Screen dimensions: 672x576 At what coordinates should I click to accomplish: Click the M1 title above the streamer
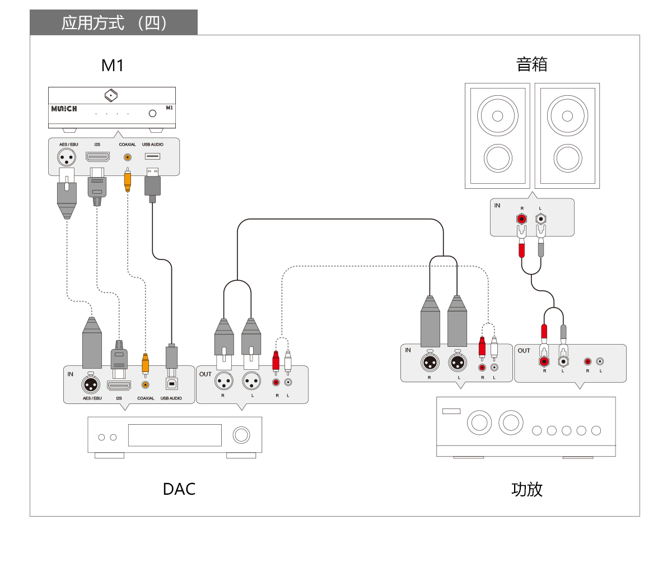click(x=112, y=66)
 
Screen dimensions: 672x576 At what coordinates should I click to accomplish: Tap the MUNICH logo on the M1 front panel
click(x=64, y=109)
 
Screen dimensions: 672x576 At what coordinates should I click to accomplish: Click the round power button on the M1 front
click(x=152, y=113)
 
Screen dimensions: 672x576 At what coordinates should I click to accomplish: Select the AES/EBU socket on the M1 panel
click(x=67, y=158)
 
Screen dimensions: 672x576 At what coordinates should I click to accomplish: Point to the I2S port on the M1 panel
click(x=97, y=156)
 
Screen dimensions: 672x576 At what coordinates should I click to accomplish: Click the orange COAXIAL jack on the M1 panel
click(x=128, y=157)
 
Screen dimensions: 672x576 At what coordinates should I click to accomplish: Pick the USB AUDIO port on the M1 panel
click(x=152, y=156)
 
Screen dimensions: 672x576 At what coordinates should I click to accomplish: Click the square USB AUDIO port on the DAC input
click(x=172, y=384)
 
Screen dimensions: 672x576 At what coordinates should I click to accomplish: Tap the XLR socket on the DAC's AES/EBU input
click(x=91, y=384)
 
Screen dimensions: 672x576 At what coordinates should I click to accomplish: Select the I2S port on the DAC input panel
click(x=119, y=385)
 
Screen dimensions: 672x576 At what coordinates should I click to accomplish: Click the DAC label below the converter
click(x=179, y=489)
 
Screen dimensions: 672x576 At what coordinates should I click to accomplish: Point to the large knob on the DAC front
click(x=241, y=435)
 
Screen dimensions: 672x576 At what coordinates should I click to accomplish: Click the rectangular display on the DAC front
click(x=175, y=435)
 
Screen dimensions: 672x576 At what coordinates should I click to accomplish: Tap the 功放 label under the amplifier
click(x=527, y=490)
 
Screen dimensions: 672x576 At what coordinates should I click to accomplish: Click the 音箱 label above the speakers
click(x=532, y=64)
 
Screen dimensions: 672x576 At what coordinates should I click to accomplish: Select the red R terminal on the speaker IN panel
click(x=521, y=219)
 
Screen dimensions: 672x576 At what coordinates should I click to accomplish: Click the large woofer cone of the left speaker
click(x=497, y=116)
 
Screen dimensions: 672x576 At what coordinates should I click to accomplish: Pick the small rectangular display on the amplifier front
click(x=451, y=411)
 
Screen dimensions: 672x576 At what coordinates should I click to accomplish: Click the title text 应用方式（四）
click(x=114, y=23)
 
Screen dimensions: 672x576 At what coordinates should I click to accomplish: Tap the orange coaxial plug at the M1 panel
click(x=128, y=180)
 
